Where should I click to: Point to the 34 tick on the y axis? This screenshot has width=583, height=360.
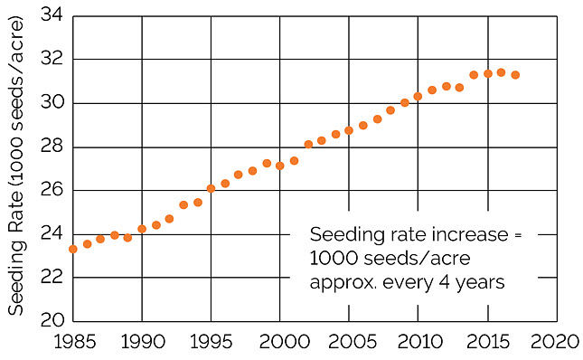point(52,16)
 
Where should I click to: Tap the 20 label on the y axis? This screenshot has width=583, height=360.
point(52,321)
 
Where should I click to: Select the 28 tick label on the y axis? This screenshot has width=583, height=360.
point(52,147)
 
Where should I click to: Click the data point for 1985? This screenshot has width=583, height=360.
point(73,249)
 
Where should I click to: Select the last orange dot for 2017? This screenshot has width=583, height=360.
point(515,75)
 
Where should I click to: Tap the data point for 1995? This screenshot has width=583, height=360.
point(211,188)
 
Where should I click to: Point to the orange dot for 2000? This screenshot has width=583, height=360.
point(280,166)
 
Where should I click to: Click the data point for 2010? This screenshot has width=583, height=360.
point(418,96)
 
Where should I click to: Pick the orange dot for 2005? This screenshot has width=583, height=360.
point(349,130)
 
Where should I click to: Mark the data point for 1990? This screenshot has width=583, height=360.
point(142,229)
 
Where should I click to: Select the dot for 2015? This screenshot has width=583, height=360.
point(487,73)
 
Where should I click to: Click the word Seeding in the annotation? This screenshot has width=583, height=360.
point(342,233)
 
